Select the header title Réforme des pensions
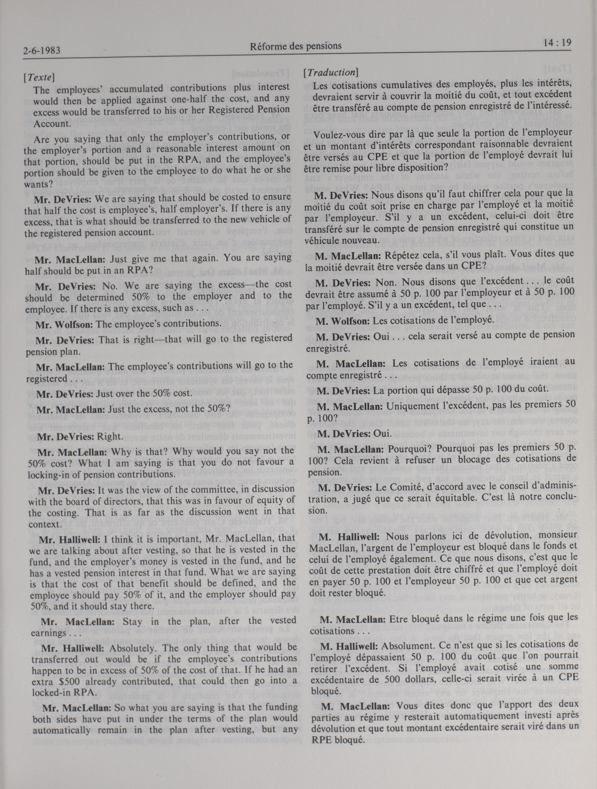click(296, 46)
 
